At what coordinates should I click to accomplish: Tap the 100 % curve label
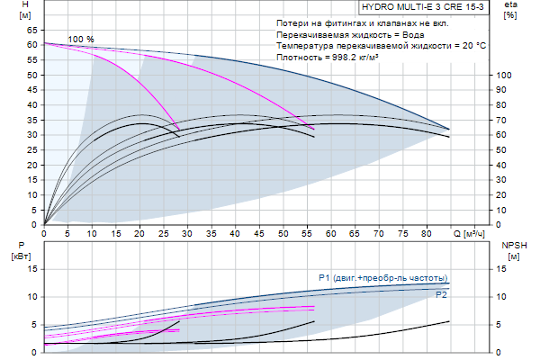[81, 40]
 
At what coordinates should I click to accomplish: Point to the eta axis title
[510, 10]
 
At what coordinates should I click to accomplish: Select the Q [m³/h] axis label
[468, 233]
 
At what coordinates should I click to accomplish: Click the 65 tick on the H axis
[31, 29]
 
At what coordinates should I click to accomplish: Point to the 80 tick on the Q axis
[426, 233]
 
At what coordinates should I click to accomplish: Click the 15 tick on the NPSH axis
[504, 268]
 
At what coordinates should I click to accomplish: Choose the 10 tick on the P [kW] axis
[31, 296]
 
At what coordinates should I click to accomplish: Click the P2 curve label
[441, 295]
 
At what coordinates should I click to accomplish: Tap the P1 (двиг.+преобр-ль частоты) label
[383, 277]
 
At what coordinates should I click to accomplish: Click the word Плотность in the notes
[298, 57]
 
